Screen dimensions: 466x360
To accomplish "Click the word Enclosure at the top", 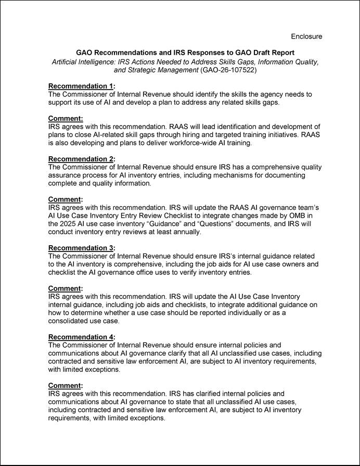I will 306,36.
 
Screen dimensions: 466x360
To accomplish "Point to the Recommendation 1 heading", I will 81,86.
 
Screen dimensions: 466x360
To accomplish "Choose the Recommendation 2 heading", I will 81,159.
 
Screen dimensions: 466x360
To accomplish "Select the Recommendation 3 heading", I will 81,248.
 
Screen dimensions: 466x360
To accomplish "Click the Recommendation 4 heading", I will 81,337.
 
